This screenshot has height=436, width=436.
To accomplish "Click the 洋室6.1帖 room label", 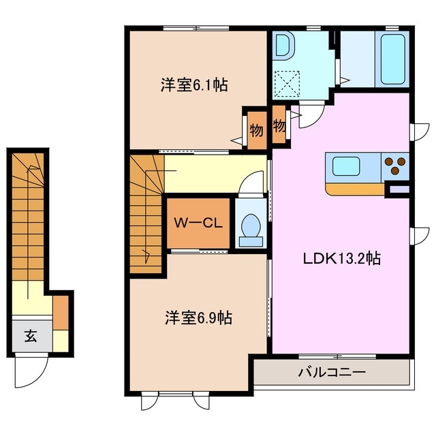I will tap(193, 85).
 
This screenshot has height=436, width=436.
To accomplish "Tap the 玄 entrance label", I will tap(31, 336).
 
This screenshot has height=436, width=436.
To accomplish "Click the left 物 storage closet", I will tap(255, 129).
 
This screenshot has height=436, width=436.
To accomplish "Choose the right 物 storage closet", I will tap(279, 126).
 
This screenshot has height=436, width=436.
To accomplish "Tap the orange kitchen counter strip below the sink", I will tap(354, 188).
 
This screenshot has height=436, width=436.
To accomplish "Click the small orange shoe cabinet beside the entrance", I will tap(61, 311).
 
